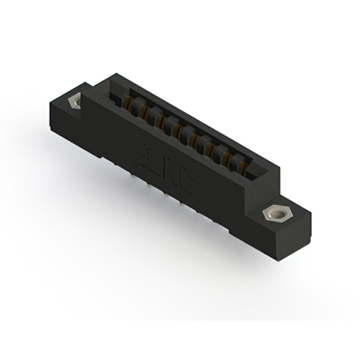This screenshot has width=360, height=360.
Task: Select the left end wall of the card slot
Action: [115, 93]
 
